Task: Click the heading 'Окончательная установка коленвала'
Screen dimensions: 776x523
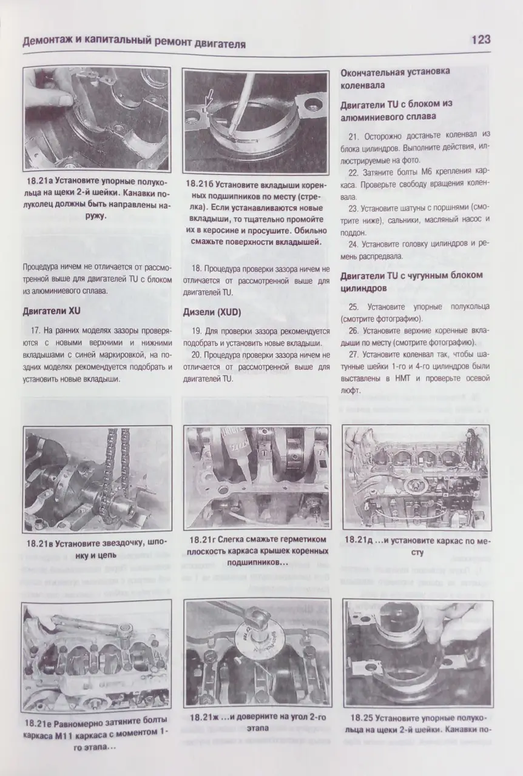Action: [394, 79]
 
